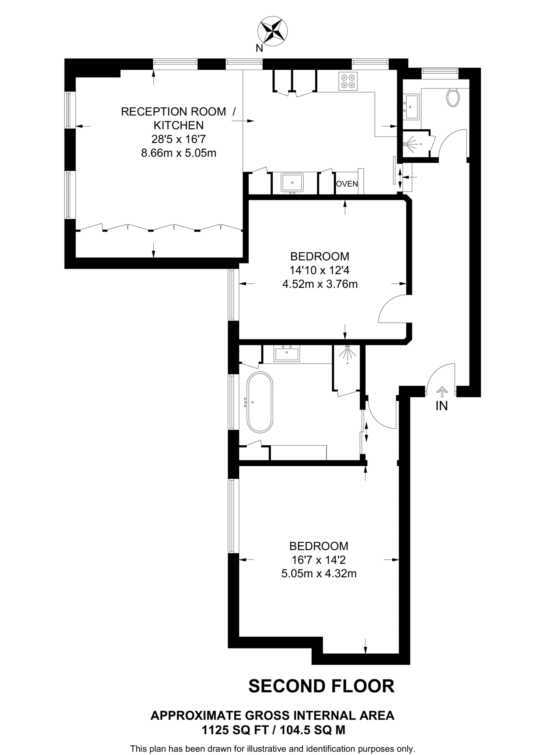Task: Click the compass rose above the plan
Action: point(272,31)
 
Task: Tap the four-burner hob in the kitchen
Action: point(348,81)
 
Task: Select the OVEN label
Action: point(347,184)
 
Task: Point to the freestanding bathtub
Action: point(260,402)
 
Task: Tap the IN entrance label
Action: point(441,406)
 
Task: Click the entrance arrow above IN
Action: point(442,391)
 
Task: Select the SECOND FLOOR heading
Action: point(321,686)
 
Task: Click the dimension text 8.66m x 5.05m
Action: point(179,153)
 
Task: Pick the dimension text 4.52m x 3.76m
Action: point(320,284)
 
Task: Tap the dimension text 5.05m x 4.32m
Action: point(319,574)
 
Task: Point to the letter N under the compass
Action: point(259,48)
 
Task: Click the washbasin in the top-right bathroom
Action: point(411,107)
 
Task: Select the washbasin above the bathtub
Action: point(287,354)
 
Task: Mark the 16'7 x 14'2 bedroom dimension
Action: point(319,560)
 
